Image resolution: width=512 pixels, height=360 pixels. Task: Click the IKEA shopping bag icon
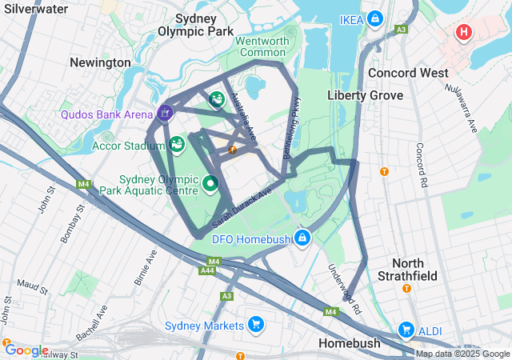[374, 18]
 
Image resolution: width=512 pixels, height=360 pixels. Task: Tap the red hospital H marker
[463, 33]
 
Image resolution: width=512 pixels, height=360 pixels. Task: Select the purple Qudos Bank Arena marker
[165, 114]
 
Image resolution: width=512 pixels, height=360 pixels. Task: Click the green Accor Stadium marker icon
[177, 144]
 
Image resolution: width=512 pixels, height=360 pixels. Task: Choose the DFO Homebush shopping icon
[302, 238]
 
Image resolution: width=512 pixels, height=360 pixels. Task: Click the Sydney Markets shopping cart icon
[255, 325]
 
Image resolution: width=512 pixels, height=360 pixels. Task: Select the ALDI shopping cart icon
[406, 330]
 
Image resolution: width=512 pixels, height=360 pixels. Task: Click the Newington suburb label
[100, 62]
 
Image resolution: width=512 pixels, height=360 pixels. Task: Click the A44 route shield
[207, 270]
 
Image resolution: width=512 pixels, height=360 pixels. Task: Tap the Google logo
[26, 350]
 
